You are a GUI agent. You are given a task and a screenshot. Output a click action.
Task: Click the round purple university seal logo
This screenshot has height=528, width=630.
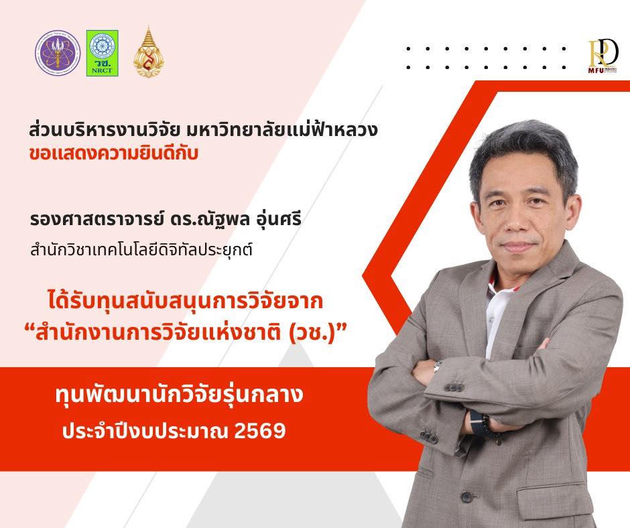(x=58, y=52)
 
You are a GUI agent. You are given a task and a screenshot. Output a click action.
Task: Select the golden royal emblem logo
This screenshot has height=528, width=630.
(x=149, y=52)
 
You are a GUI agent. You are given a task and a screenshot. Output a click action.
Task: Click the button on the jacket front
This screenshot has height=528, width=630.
(x=467, y=497)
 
